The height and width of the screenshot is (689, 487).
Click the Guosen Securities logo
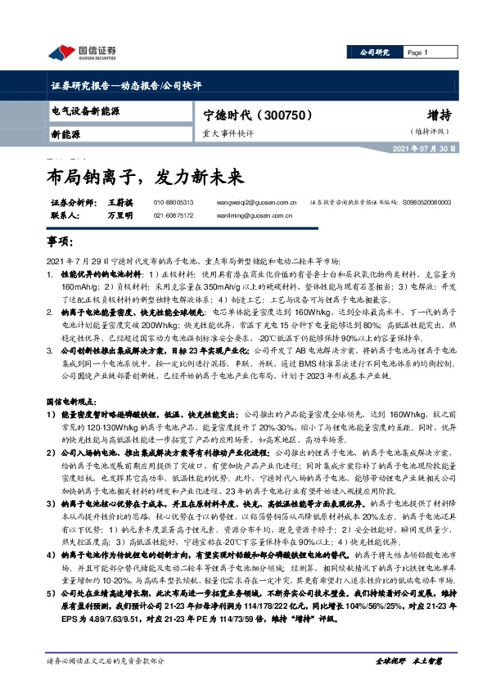coord(82,53)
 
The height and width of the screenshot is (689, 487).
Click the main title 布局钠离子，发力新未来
coord(143,174)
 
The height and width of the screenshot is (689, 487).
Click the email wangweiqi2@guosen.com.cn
coord(262,201)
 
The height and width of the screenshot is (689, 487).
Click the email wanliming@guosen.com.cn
coord(260,215)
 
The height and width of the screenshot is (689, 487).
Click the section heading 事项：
coord(61,243)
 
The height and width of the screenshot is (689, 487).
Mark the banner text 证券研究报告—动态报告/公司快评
coord(126,85)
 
